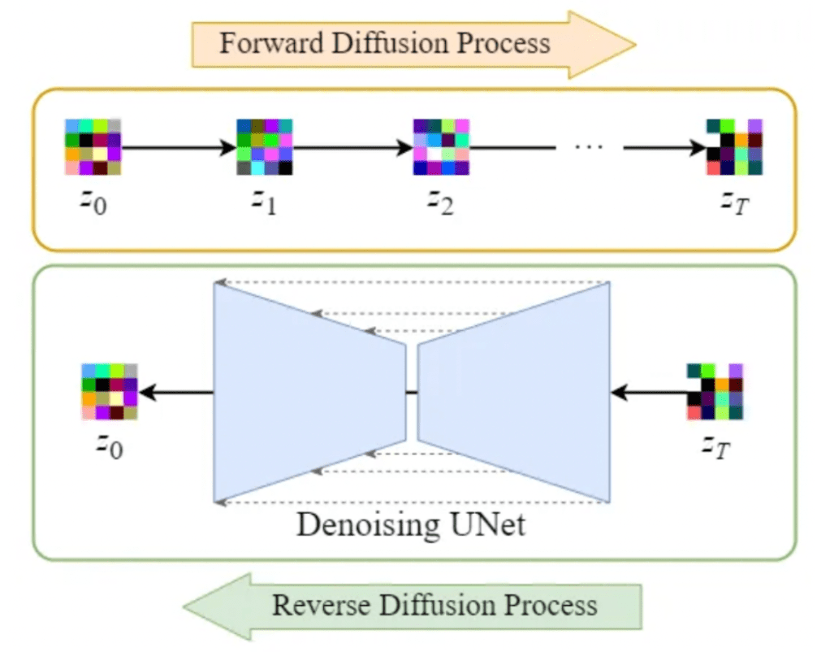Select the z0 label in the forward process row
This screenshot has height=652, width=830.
[93, 200]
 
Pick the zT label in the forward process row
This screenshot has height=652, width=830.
[733, 200]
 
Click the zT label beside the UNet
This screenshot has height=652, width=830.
[715, 447]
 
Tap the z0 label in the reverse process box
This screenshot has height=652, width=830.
[110, 447]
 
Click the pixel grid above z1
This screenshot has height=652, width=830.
[264, 147]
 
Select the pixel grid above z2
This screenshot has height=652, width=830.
[441, 147]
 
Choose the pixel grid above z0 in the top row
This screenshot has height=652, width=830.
[93, 147]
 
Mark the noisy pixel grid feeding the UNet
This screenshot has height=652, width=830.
[715, 392]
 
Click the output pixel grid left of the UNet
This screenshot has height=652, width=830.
[110, 392]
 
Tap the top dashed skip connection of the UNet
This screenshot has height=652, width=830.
[414, 283]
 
